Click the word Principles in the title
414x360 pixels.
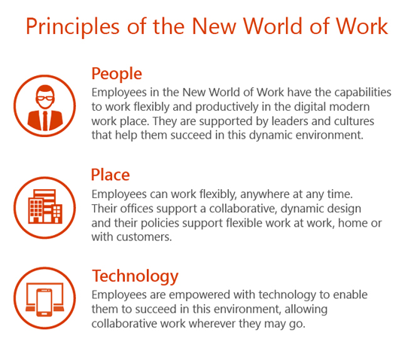[x=72, y=26]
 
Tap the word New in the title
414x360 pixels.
[x=214, y=26]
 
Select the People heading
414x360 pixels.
[x=117, y=74]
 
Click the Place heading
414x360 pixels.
[x=111, y=175]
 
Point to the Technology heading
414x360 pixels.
[x=135, y=276]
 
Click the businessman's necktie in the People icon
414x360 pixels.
[x=45, y=121]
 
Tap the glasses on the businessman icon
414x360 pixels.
[x=45, y=98]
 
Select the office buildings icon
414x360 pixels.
[x=45, y=206]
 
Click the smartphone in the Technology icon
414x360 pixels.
[x=44, y=303]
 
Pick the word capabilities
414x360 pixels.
[x=363, y=93]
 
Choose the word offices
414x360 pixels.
[x=137, y=209]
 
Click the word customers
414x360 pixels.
[x=145, y=237]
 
